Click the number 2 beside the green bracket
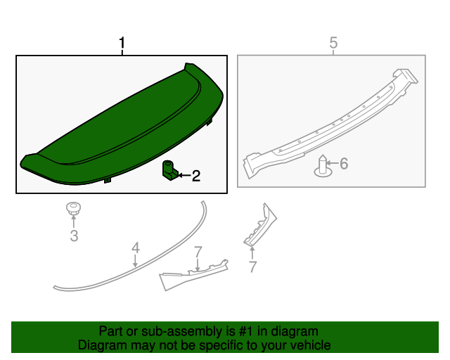coord(196,176)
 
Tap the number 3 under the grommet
coord(74,236)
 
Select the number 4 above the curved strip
coord(135,247)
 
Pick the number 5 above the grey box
coord(333,44)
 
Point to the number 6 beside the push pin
coord(344,164)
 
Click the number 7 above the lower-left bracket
coord(198,251)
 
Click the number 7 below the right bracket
coord(252,266)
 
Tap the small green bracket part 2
coord(169,170)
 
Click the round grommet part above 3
coord(72,208)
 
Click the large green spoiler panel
coord(120,127)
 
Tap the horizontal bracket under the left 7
coord(193,275)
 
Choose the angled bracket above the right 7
coord(259,225)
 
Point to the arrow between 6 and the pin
coord(334,164)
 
